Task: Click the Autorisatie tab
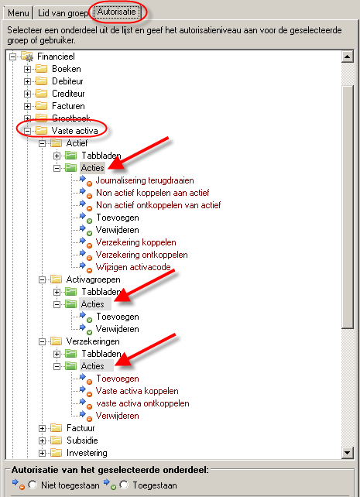pos(116,12)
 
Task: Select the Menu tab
pos(18,13)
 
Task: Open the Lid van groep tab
pos(63,13)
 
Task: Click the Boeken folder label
pos(67,69)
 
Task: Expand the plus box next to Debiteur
pos(27,81)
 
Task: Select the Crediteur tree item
pos(68,94)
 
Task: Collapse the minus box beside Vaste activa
pos(27,131)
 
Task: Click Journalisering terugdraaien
pos(145,180)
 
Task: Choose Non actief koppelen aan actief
pos(153,193)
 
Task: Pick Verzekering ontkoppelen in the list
pos(142,255)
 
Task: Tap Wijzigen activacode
pos(133,267)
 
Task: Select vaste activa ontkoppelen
pos(142,403)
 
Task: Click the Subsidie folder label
pos(82,440)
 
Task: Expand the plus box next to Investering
pos(42,453)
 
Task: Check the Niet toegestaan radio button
pos(33,485)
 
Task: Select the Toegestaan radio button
pos(124,485)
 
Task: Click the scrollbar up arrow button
pos(348,57)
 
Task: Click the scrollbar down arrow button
pos(348,452)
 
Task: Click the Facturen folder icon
pos(42,105)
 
